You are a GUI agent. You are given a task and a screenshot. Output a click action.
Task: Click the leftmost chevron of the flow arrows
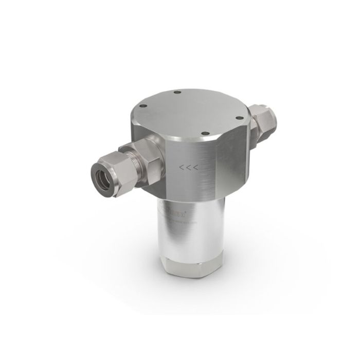click(x=181, y=167)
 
